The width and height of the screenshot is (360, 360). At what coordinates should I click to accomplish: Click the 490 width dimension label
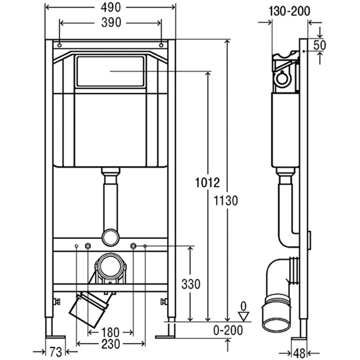[x=111, y=8]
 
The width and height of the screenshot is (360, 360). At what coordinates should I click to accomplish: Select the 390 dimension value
[x=111, y=23]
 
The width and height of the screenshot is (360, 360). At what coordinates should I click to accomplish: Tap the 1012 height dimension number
[x=207, y=183]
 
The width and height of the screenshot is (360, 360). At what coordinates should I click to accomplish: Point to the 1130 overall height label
[x=226, y=200]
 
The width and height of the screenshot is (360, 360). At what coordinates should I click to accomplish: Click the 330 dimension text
[x=190, y=284]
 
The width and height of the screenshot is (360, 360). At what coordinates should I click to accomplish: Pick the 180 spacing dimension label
[x=110, y=333]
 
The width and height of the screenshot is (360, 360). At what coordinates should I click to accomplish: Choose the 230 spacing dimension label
[x=111, y=344]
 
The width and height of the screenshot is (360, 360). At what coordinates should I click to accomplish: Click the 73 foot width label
[x=56, y=351]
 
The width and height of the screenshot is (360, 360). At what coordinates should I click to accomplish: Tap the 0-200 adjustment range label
[x=228, y=331]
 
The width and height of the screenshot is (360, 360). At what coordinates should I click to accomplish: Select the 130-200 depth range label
[x=289, y=11]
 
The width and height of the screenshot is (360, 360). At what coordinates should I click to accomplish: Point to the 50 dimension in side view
[x=319, y=45]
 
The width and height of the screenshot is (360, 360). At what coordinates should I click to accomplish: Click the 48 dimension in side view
[x=299, y=353]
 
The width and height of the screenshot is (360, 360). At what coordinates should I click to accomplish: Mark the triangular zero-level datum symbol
[x=244, y=316]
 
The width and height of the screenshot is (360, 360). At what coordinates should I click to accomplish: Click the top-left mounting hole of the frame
[x=60, y=45]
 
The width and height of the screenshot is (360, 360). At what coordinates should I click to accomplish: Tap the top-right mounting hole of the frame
[x=161, y=45]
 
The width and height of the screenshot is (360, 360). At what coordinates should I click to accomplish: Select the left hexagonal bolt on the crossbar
[x=88, y=246]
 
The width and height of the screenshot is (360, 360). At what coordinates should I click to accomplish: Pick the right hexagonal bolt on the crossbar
[x=133, y=246]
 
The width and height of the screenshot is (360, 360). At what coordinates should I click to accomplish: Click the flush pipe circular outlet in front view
[x=110, y=237]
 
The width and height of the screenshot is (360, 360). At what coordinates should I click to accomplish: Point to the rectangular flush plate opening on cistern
[x=111, y=71]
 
